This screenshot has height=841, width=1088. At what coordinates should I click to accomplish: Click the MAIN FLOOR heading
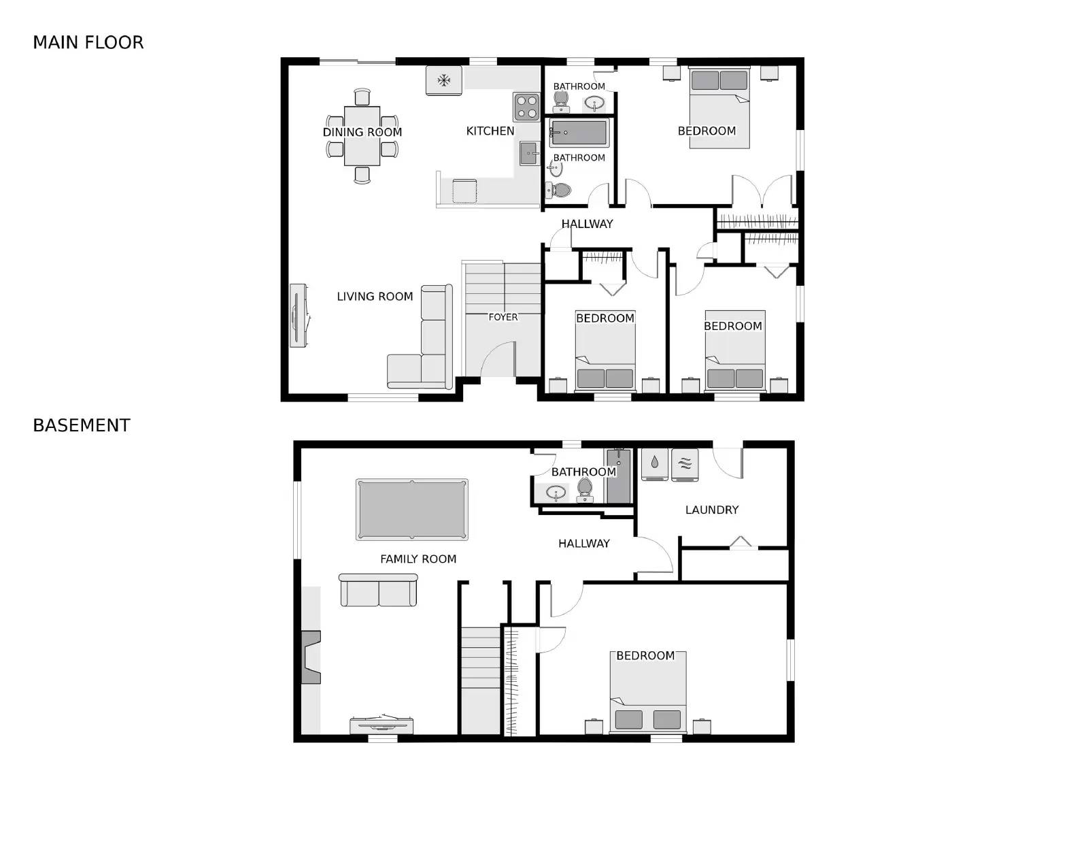pyautogui.click(x=88, y=42)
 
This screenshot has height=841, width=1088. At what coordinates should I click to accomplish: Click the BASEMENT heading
pyautogui.click(x=82, y=425)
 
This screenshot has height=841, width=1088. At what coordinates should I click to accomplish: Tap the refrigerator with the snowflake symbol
pyautogui.click(x=444, y=80)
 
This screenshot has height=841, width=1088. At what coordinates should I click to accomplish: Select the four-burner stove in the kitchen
pyautogui.click(x=526, y=107)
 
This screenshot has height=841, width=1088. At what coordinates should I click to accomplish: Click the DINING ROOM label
pyautogui.click(x=362, y=132)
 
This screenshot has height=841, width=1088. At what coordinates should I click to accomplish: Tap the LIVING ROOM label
pyautogui.click(x=375, y=297)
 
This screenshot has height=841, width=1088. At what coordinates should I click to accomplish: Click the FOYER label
pyautogui.click(x=503, y=317)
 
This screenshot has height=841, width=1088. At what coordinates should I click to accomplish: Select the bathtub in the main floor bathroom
pyautogui.click(x=579, y=133)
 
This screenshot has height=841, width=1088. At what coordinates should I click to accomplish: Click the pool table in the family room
pyautogui.click(x=412, y=510)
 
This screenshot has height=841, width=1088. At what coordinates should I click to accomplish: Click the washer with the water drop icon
pyautogui.click(x=655, y=464)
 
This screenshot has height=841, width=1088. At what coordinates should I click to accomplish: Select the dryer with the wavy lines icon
pyautogui.click(x=685, y=465)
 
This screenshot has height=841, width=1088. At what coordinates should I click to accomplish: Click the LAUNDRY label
pyautogui.click(x=711, y=510)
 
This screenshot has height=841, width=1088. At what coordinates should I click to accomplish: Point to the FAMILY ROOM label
pyautogui.click(x=418, y=559)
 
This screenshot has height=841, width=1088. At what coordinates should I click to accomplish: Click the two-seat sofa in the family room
pyautogui.click(x=378, y=591)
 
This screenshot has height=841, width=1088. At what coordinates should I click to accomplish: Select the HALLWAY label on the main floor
pyautogui.click(x=587, y=224)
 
